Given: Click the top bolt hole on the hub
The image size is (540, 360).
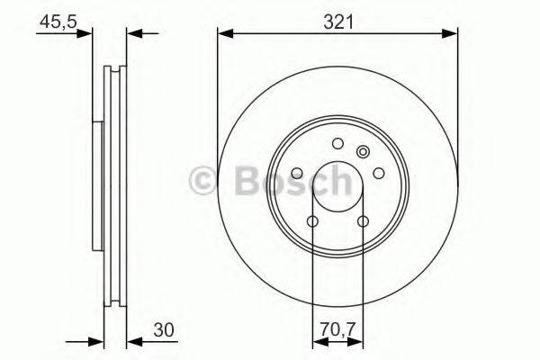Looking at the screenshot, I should (x=337, y=143).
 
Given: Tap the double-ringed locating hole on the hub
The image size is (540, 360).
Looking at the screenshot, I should (x=364, y=152).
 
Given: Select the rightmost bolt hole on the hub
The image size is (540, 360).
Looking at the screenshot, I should (x=378, y=174).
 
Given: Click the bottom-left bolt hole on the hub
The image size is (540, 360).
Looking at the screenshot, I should (x=312, y=221).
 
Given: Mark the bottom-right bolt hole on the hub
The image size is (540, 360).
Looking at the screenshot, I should (x=363, y=221).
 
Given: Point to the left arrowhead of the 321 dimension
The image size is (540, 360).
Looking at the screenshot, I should (x=223, y=34).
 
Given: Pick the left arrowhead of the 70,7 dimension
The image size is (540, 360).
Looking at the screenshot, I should (x=317, y=340).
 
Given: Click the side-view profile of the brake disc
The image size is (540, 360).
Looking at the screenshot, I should (x=112, y=189).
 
